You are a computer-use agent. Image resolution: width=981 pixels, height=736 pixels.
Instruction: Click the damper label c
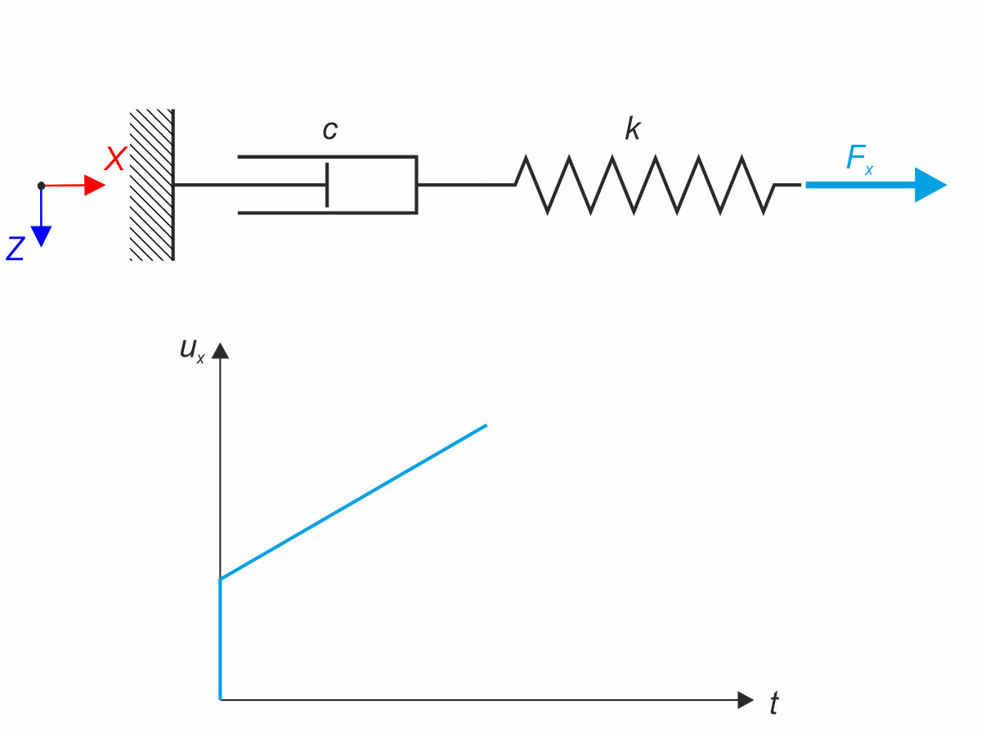(x=329, y=130)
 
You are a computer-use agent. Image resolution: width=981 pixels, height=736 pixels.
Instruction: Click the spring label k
(x=632, y=129)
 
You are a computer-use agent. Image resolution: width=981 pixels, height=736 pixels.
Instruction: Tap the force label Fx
(x=858, y=159)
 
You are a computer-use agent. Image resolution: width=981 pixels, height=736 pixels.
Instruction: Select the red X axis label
(x=114, y=159)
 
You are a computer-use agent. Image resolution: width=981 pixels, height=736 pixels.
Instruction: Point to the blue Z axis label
(x=15, y=249)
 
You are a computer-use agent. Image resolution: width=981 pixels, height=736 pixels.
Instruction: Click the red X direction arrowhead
(x=95, y=186)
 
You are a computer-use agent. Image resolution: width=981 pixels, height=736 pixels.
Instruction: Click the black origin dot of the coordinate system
(x=41, y=186)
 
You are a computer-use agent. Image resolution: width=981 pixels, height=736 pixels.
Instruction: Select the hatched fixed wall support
(x=152, y=185)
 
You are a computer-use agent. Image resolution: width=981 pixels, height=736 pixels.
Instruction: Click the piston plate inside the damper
(x=327, y=185)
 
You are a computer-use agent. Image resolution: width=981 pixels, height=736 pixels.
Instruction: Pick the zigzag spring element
(x=646, y=185)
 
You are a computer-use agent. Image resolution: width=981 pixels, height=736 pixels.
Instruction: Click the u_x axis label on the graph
(x=192, y=350)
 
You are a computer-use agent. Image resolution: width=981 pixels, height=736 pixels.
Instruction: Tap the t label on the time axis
(x=773, y=703)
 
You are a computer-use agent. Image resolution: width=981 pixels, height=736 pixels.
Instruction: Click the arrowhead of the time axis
(x=745, y=700)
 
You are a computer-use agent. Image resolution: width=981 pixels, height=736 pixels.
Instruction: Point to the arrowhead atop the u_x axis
(x=220, y=351)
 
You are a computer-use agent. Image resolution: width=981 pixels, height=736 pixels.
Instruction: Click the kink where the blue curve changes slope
(x=221, y=579)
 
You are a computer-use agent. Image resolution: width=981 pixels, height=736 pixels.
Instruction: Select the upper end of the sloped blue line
(x=486, y=425)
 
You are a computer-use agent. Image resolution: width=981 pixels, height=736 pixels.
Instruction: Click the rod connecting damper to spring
(x=466, y=185)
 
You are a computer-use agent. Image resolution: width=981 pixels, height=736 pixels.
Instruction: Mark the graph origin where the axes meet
(x=221, y=700)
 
